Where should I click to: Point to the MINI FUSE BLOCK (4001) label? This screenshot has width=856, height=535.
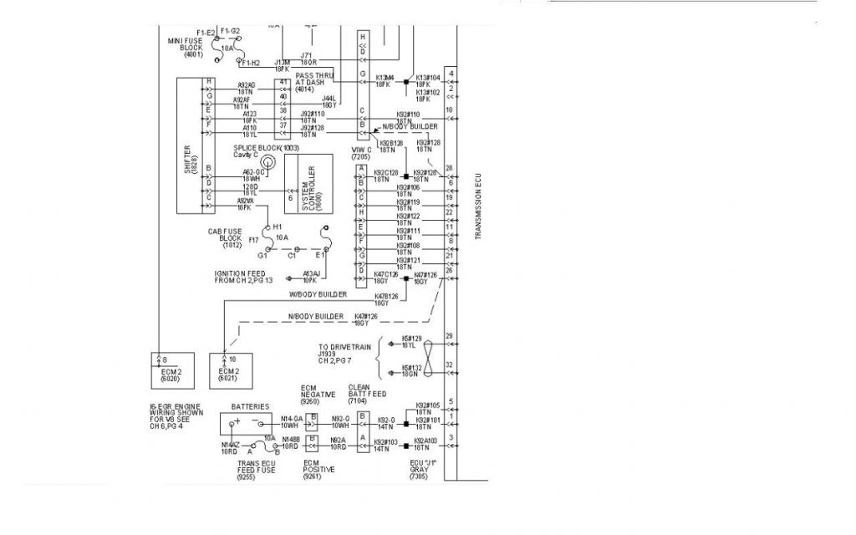[x=185, y=46]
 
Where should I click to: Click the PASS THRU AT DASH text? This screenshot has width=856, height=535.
[x=315, y=80]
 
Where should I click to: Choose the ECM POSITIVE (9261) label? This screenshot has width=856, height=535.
[x=318, y=471]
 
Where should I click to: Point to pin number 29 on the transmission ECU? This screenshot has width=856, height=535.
[x=450, y=336]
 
